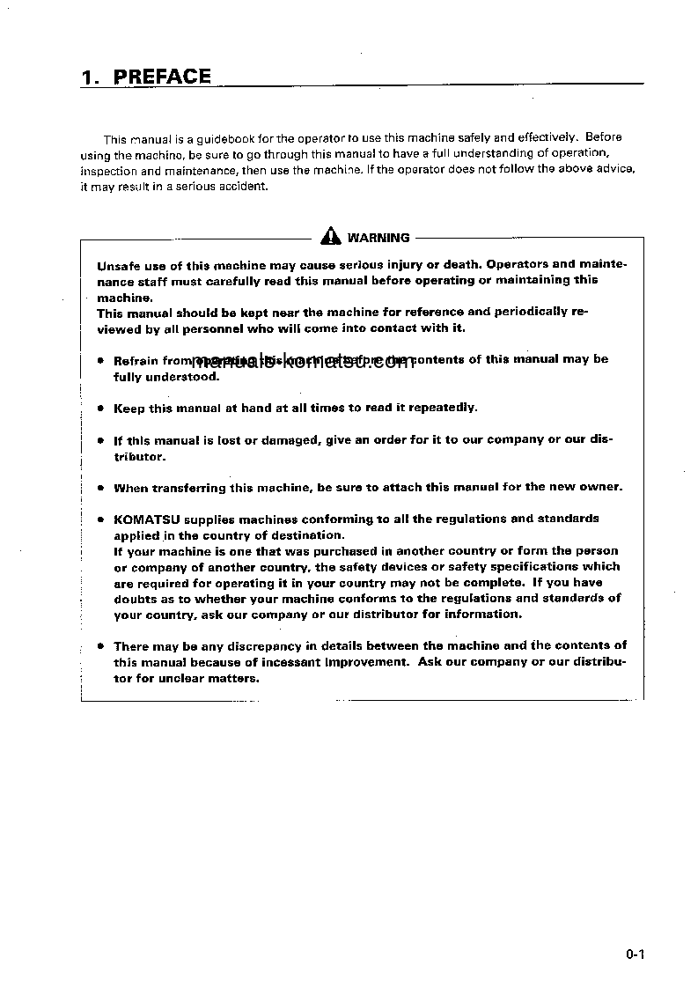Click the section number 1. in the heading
pyautogui.click(x=90, y=77)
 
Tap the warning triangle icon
pyautogui.click(x=330, y=236)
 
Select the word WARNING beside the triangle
pyautogui.click(x=378, y=238)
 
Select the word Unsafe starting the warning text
pyautogui.click(x=117, y=264)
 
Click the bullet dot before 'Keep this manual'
pyautogui.click(x=101, y=409)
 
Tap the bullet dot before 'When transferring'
pyautogui.click(x=101, y=488)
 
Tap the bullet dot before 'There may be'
pyautogui.click(x=101, y=646)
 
